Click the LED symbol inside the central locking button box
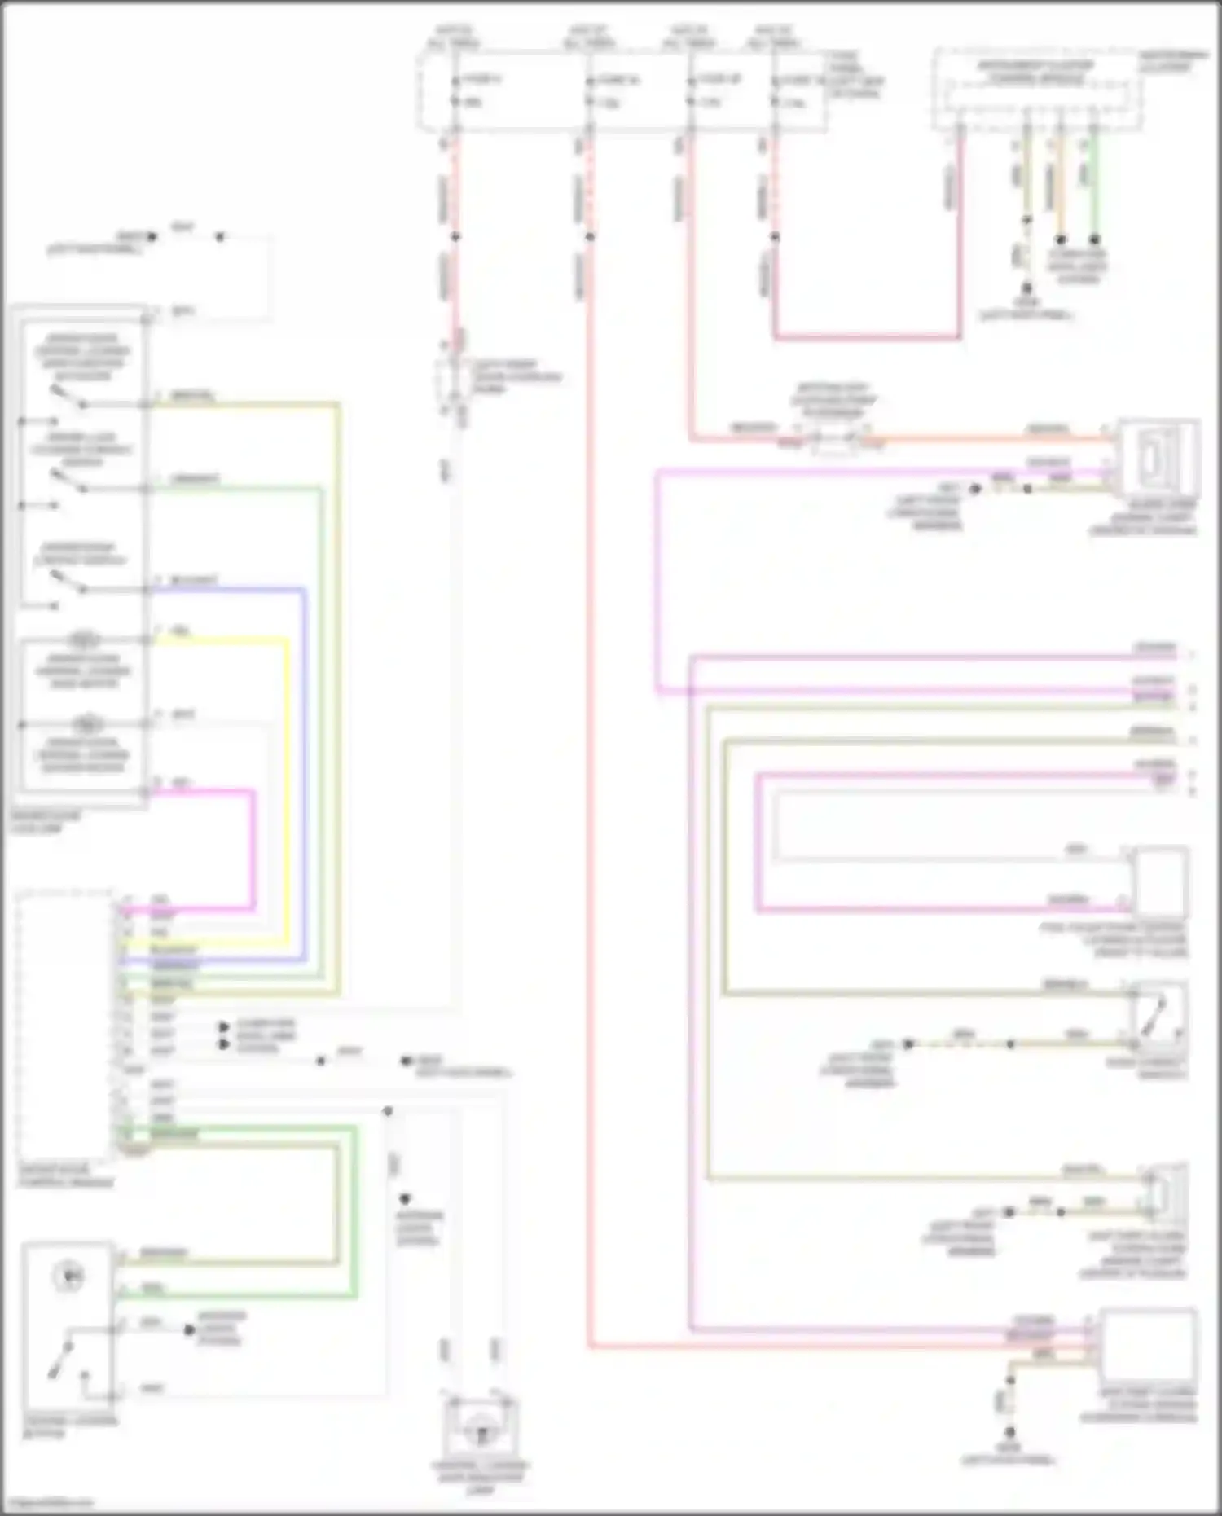point(69,1277)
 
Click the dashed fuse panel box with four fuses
point(623,90)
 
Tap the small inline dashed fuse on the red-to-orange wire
point(834,441)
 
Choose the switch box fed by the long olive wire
point(1159,1018)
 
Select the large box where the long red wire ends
point(1148,1345)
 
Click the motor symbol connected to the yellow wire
point(84,639)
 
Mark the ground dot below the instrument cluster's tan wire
point(1026,288)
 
